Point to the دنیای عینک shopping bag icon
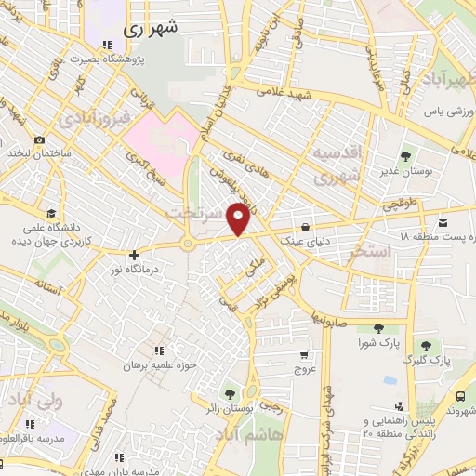305,227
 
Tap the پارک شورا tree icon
378,327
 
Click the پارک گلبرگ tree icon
428,346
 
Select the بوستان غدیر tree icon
404,156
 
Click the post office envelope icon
442,221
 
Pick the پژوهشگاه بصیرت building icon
107,44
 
